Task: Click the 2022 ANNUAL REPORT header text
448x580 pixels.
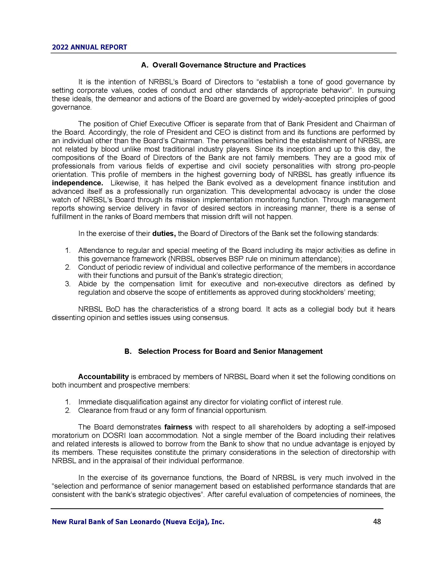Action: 89,47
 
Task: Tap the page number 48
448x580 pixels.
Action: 377,521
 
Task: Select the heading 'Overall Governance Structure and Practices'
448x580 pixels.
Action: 229,65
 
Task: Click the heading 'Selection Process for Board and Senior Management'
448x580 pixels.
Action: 230,351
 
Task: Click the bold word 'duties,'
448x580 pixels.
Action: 164,234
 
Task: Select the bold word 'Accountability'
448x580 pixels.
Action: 103,376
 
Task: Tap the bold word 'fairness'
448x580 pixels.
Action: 178,427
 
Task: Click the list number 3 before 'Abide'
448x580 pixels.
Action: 68,284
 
